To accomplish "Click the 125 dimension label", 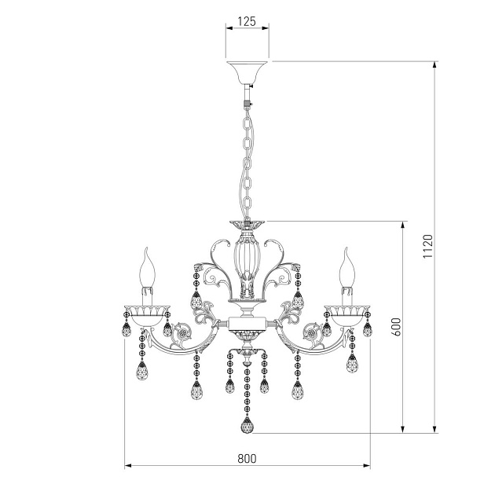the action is point(247,21).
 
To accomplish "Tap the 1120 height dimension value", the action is point(427,246).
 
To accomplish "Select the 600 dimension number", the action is point(397,326).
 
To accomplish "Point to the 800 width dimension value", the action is point(247,458).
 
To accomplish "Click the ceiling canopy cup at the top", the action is point(247,73).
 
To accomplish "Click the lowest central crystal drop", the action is point(247,425).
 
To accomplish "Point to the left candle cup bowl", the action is point(147,315).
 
